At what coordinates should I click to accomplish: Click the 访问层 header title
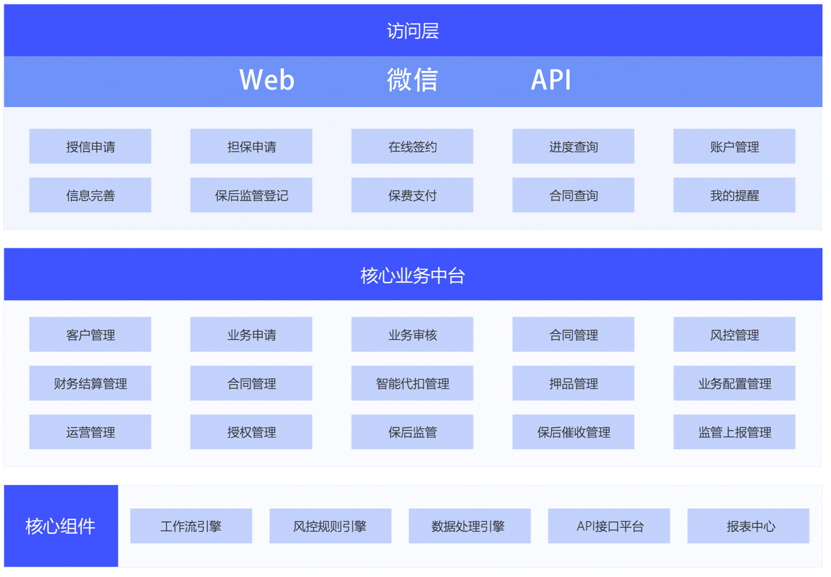coord(413,31)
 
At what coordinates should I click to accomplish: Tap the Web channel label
coord(267,80)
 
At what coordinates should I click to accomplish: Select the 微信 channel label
coord(412,80)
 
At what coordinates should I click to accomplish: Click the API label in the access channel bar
coord(551,80)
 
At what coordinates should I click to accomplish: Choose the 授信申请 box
coord(90,146)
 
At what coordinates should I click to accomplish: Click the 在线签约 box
coord(412,146)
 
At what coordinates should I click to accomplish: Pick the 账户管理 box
coord(734,146)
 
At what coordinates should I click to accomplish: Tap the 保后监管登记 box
coord(251,195)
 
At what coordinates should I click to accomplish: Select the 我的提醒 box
coord(734,195)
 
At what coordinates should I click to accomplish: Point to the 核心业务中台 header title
coord(413,276)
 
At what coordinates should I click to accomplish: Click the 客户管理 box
coord(90,334)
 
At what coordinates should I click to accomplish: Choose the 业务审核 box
coord(412,334)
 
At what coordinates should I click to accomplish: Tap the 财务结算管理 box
coord(90,383)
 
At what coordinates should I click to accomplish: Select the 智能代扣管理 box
coord(412,383)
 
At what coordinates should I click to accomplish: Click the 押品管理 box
coord(573,383)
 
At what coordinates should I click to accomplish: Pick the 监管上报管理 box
coord(734,432)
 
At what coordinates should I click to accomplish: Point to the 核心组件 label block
coord(61,526)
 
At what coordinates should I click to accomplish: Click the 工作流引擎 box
coord(191,526)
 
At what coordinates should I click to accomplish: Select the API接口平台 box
coord(609,526)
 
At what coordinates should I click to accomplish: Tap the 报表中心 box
coord(749,526)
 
